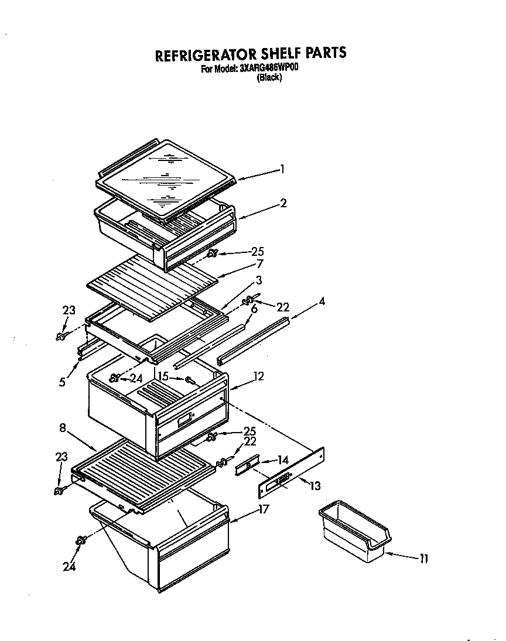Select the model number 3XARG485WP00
pyautogui.click(x=269, y=68)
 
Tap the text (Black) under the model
pyautogui.click(x=269, y=78)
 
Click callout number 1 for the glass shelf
pyautogui.click(x=283, y=169)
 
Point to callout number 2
pyautogui.click(x=283, y=203)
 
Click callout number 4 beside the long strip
pyautogui.click(x=322, y=301)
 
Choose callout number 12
pyautogui.click(x=258, y=376)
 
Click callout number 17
pyautogui.click(x=263, y=509)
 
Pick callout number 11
pyautogui.click(x=423, y=559)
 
